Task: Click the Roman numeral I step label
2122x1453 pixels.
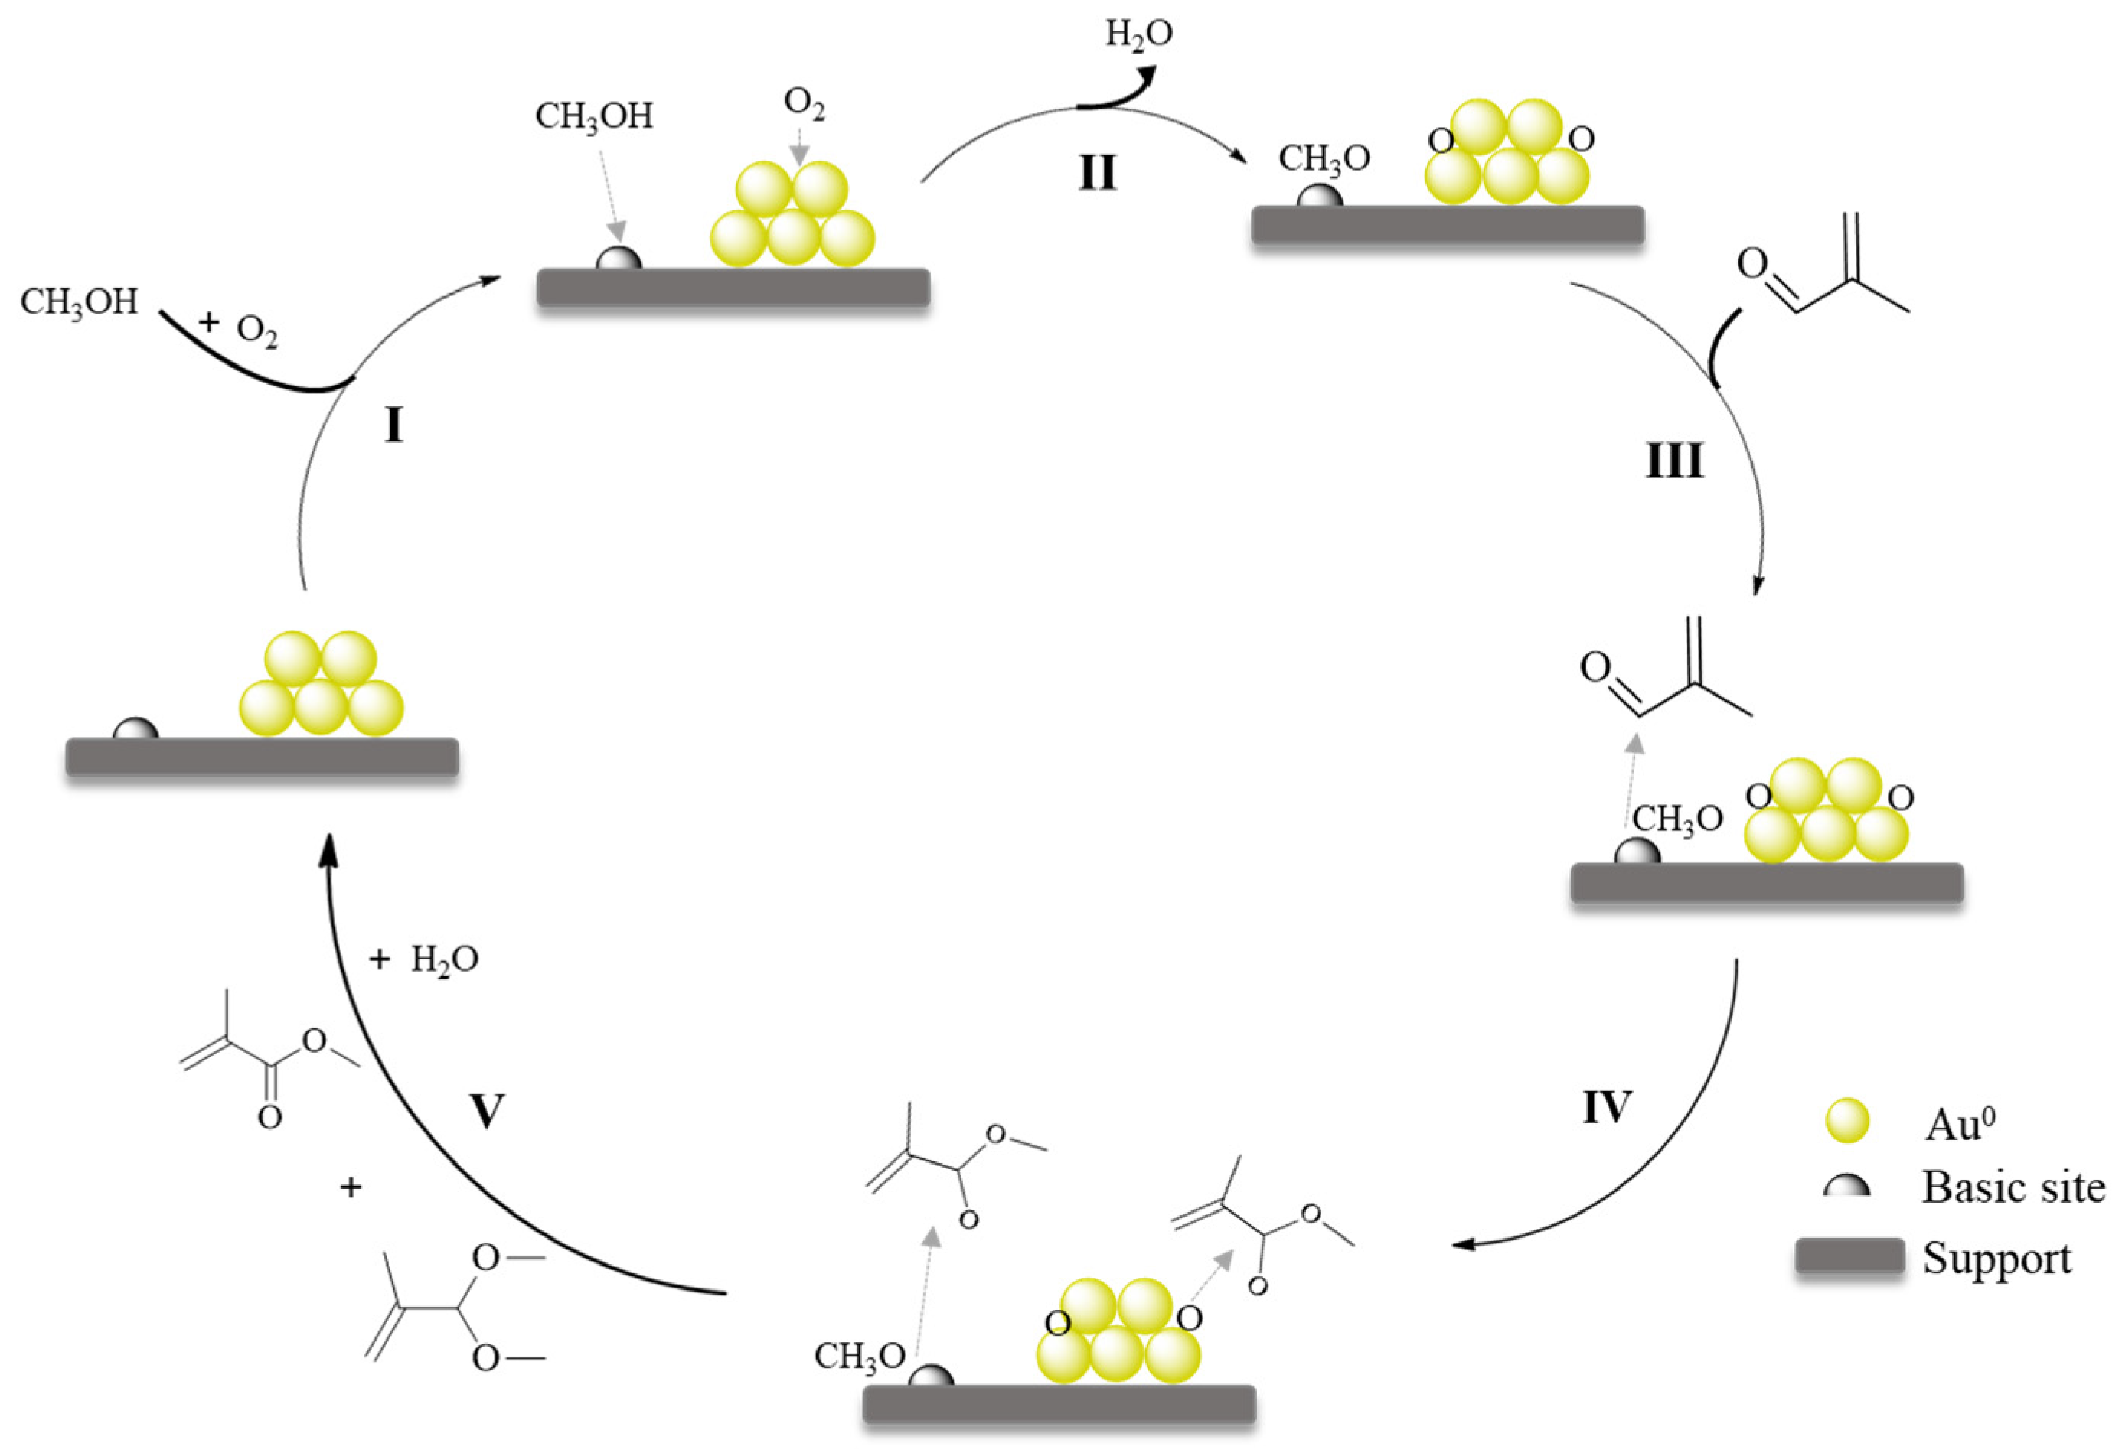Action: point(393,425)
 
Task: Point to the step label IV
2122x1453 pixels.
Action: point(1606,1108)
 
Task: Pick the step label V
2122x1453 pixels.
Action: point(486,1113)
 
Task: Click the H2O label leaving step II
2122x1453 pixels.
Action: point(1138,34)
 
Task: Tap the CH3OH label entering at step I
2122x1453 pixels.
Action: point(80,303)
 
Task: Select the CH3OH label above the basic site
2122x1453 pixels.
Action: point(593,117)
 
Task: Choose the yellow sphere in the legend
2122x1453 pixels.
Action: point(1846,1122)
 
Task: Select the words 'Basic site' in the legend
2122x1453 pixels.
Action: point(2013,1187)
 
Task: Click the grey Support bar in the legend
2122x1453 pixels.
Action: point(1849,1257)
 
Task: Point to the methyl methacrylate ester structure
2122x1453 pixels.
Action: point(269,1059)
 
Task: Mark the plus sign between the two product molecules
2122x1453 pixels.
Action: point(351,1187)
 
